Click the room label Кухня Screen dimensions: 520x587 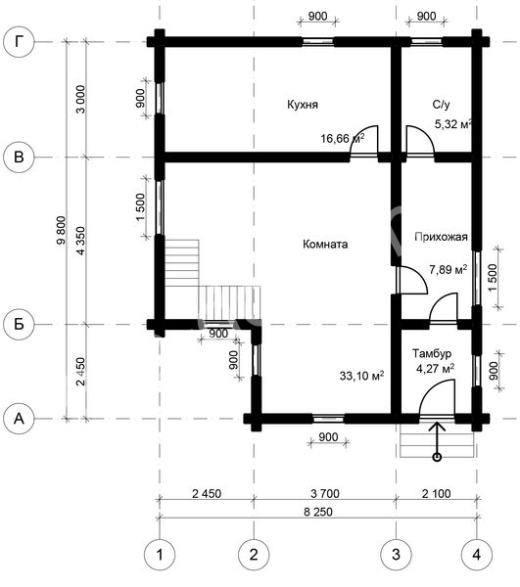(x=303, y=104)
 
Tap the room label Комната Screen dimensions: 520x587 (x=325, y=244)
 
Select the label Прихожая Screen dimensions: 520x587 (x=441, y=237)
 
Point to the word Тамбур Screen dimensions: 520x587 (x=432, y=353)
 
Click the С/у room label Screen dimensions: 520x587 (x=441, y=105)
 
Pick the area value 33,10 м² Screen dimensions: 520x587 (x=361, y=375)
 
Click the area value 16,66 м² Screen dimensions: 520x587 (x=343, y=139)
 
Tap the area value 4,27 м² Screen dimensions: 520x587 (x=436, y=369)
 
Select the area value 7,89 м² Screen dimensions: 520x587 (x=449, y=269)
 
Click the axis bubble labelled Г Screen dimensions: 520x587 (x=19, y=42)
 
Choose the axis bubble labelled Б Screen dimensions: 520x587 (x=19, y=324)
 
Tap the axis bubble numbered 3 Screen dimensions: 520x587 (x=396, y=555)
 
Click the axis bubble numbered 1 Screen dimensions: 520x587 (x=160, y=555)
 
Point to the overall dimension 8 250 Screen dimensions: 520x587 (x=318, y=512)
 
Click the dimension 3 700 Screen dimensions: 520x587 (x=325, y=493)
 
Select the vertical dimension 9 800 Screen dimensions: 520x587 (x=61, y=230)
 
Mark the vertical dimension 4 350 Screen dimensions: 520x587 (x=81, y=241)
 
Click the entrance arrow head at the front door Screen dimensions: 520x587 (x=437, y=423)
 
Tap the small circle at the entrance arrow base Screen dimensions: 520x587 (x=437, y=457)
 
